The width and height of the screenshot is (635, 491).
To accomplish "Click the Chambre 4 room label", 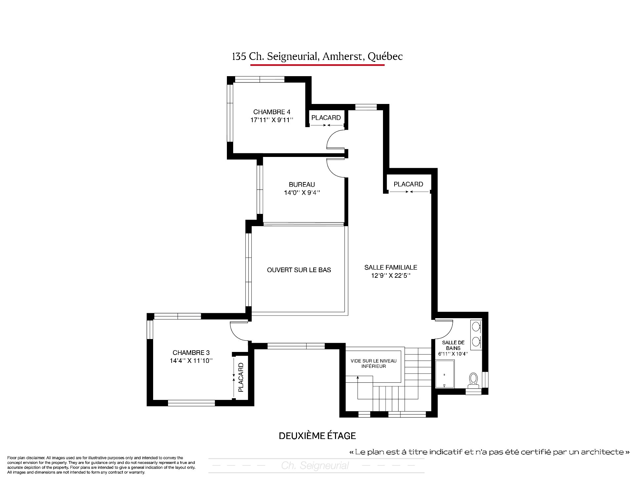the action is (x=272, y=112).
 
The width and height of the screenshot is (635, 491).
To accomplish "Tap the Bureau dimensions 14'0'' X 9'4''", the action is (x=302, y=192).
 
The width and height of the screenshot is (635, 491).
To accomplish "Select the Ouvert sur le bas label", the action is (x=299, y=270).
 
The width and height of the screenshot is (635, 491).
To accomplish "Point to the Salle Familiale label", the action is (x=391, y=267).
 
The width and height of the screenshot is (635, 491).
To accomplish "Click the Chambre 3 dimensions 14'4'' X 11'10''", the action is (x=191, y=361).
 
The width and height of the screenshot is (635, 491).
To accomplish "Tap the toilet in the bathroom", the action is (x=474, y=380).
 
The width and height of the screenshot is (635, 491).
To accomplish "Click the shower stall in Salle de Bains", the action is (x=445, y=374).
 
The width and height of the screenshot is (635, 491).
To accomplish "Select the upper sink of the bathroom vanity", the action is (x=476, y=327).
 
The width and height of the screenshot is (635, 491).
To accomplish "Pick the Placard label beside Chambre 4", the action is (x=326, y=118).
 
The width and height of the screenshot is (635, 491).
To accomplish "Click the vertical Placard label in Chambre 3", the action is (x=241, y=377).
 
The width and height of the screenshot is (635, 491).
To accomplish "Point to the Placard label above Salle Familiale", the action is (x=408, y=184).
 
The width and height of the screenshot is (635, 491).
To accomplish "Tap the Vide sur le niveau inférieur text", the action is (x=373, y=364).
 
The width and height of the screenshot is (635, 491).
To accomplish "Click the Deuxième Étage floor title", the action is (x=317, y=436).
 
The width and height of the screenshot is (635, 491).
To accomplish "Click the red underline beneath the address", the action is (x=317, y=65).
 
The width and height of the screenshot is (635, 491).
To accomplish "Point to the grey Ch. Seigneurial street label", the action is (x=315, y=466).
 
